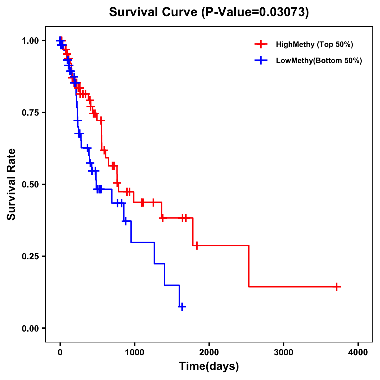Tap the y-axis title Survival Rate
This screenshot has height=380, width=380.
coord(11,184)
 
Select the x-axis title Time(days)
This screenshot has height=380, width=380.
coord(209,366)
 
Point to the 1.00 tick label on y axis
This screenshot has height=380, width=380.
coord(30,41)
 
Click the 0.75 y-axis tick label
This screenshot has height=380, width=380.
coord(30,113)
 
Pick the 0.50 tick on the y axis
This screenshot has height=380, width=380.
coord(30,185)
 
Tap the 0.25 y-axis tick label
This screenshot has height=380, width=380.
coord(30,256)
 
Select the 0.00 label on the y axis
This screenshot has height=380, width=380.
coord(30,328)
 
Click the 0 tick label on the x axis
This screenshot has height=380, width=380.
coord(60,352)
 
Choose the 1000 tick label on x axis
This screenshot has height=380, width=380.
coord(135,352)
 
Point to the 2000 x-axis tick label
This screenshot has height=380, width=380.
coord(209,352)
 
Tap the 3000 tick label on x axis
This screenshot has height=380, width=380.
coord(284,352)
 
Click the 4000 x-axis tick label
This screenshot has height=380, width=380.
coord(358,352)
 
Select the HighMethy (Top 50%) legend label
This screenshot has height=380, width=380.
coord(314,44)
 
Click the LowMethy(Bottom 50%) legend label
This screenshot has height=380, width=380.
coord(319,60)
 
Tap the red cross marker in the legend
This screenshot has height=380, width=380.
coord(261,44)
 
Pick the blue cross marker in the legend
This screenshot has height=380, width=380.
coord(261,60)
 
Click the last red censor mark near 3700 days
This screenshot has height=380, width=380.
coord(337,287)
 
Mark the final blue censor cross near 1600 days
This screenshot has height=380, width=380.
coord(182,307)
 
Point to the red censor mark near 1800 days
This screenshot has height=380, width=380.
coord(197,245)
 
